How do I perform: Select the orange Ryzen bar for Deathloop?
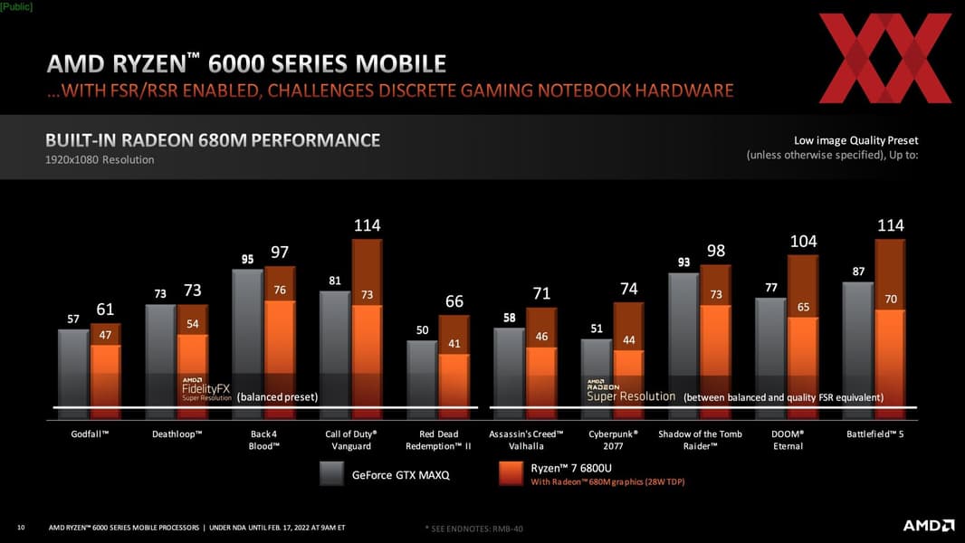click(193, 371)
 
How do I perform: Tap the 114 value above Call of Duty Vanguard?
click(367, 225)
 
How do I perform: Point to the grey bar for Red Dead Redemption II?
click(422, 376)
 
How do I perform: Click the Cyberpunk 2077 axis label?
click(613, 440)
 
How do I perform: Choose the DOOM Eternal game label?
click(788, 440)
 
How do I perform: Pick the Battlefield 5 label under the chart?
click(875, 434)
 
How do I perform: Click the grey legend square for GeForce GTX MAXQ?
click(330, 473)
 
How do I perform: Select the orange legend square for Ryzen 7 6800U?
click(511, 473)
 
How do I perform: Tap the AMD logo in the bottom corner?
click(928, 526)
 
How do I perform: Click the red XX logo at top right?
click(884, 58)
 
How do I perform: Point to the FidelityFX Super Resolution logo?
click(206, 390)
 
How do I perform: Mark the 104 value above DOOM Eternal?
click(803, 242)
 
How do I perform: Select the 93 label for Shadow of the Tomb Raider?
click(684, 262)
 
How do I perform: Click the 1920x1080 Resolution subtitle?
click(100, 160)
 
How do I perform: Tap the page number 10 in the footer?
click(21, 527)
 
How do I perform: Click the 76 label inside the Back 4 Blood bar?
click(280, 290)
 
